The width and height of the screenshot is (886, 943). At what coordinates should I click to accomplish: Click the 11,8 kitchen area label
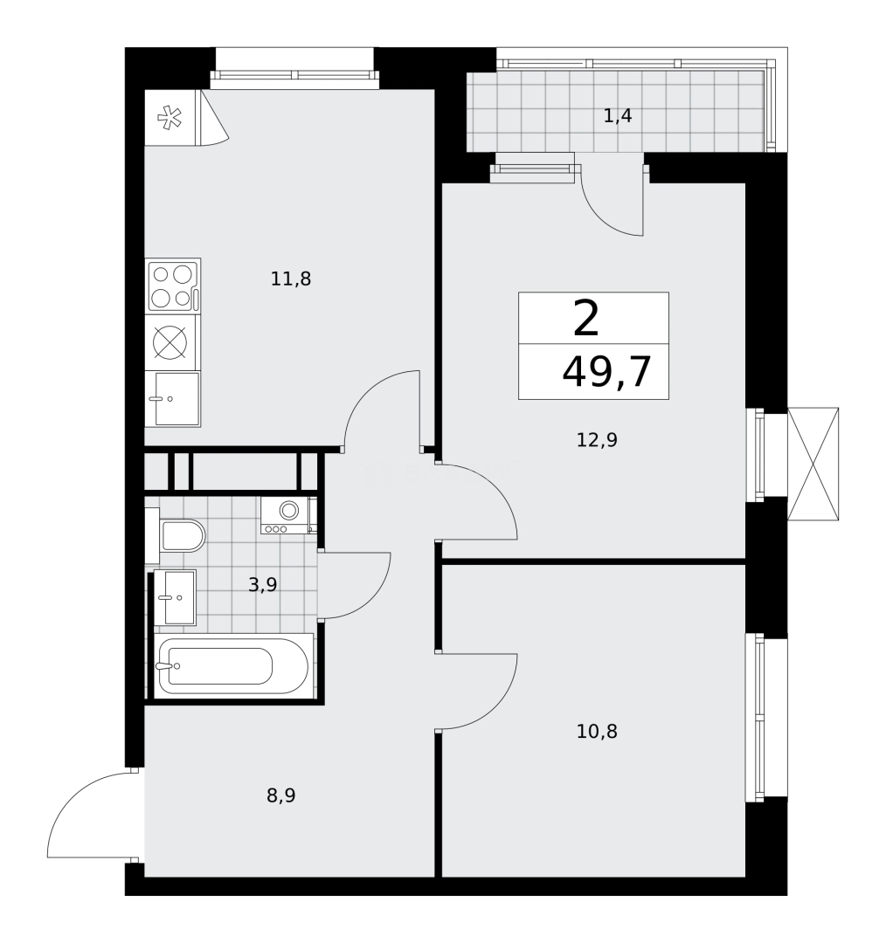click(x=291, y=279)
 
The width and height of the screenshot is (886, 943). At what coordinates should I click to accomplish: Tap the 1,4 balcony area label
click(x=617, y=115)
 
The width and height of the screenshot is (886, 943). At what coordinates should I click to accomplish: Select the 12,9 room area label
click(x=597, y=440)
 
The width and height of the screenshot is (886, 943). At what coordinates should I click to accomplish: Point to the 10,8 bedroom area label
click(x=597, y=732)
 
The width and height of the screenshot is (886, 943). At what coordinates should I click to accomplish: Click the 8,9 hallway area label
click(x=280, y=795)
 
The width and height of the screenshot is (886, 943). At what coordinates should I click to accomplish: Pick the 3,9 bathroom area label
click(x=262, y=585)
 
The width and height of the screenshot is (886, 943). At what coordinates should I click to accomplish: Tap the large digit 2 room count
click(x=586, y=319)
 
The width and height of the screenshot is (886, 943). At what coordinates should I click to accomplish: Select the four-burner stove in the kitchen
click(x=172, y=286)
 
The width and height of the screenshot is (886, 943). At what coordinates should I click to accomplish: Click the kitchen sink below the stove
click(x=174, y=398)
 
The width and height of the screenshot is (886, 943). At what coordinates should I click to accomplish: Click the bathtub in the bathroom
click(x=233, y=665)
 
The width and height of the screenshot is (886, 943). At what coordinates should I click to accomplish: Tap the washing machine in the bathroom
click(x=287, y=514)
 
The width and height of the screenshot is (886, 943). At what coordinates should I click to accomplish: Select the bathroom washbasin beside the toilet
click(x=176, y=597)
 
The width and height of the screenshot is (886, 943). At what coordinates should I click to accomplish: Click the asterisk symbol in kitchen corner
click(x=169, y=118)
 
